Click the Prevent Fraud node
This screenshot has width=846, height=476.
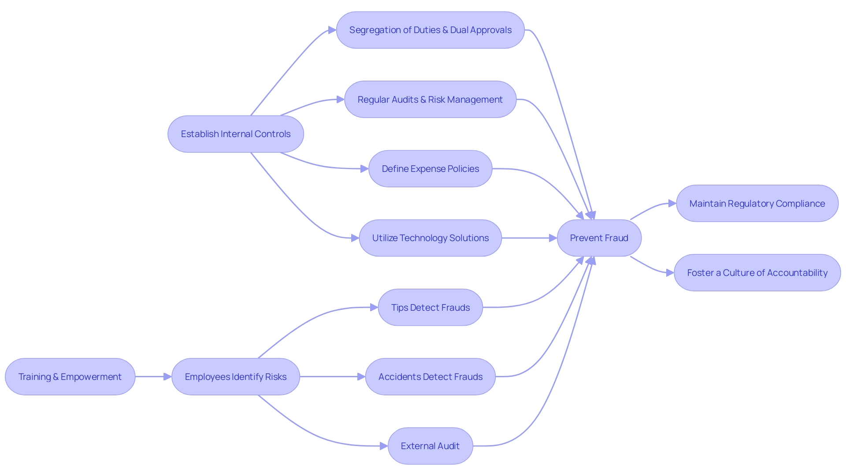[599, 238]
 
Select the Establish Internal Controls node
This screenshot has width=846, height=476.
[235, 134]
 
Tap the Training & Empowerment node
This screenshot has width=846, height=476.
[70, 377]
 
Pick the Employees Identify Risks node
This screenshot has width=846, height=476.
[235, 377]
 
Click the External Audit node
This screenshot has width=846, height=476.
[430, 446]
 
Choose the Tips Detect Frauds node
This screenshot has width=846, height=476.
[430, 308]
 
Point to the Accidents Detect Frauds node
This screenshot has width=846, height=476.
[430, 377]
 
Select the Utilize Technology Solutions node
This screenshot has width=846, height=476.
[430, 238]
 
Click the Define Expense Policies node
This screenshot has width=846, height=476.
[430, 169]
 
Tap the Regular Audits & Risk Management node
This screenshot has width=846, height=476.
[430, 100]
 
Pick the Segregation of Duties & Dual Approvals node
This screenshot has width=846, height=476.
[430, 30]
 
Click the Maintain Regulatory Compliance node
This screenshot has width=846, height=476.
[757, 204]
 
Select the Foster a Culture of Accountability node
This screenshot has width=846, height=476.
[757, 273]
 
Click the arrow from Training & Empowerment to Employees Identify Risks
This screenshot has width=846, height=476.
[152, 377]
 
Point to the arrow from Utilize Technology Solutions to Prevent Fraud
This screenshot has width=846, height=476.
[529, 238]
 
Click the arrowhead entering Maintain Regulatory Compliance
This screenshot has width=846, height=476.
[672, 203]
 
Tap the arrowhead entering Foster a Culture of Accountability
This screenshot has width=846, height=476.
[670, 273]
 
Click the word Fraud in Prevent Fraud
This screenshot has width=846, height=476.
[616, 238]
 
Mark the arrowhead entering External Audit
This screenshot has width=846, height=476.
[384, 446]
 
